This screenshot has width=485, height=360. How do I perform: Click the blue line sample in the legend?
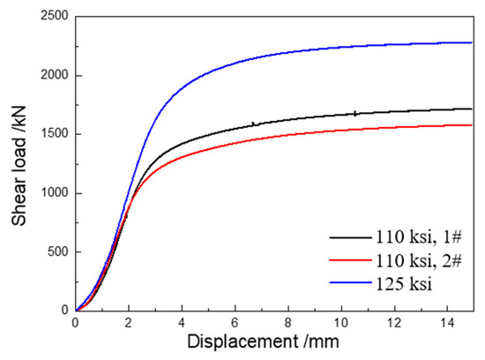350,287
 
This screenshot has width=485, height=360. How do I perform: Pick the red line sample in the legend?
350,262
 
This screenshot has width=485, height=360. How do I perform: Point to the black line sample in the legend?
350,237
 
